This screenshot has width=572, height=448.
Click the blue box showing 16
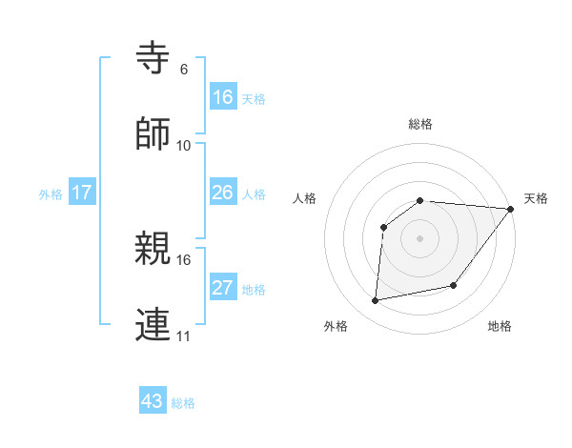click(223, 96)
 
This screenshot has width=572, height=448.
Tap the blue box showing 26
click(223, 193)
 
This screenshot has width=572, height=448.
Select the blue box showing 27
click(223, 288)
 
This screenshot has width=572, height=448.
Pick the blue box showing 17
click(82, 193)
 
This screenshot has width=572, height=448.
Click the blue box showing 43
click(153, 401)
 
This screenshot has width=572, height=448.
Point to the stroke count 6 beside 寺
click(184, 70)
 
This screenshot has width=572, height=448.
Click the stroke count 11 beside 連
click(184, 336)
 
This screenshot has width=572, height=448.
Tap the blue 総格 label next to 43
click(183, 403)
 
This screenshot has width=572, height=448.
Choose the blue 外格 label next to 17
click(51, 194)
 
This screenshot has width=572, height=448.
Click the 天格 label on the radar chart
click(536, 198)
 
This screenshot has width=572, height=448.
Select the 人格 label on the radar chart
click(305, 198)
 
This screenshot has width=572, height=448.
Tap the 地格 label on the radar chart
click(500, 326)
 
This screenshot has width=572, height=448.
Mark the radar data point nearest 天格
click(511, 209)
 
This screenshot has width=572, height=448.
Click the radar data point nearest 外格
click(376, 301)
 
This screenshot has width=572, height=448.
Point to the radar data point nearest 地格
click(454, 285)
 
